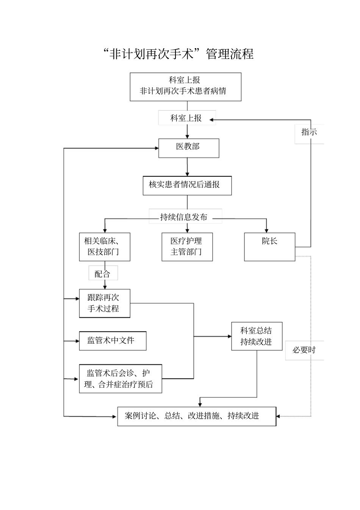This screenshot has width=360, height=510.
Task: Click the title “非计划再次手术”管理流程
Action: point(178,54)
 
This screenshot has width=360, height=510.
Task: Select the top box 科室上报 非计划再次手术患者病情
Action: point(185,86)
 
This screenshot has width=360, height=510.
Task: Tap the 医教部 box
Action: point(188,148)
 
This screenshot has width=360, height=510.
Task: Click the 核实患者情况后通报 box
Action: point(187,185)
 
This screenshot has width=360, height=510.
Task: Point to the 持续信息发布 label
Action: point(185,217)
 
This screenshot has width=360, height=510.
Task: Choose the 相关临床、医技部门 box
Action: point(104,246)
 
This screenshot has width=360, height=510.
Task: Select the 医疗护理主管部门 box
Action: point(187,246)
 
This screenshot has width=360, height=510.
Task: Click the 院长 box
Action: point(269,246)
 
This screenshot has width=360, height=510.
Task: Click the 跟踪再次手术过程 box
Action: point(104,303)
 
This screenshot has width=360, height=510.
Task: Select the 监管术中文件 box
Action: point(112,341)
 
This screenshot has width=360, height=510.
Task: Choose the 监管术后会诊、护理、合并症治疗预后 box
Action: point(120,378)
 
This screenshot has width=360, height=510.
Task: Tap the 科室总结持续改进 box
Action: point(257,336)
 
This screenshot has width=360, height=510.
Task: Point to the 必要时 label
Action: point(304,350)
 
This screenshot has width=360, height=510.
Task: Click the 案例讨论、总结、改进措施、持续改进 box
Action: point(196,416)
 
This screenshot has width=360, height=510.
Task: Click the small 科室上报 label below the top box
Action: point(186,118)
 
